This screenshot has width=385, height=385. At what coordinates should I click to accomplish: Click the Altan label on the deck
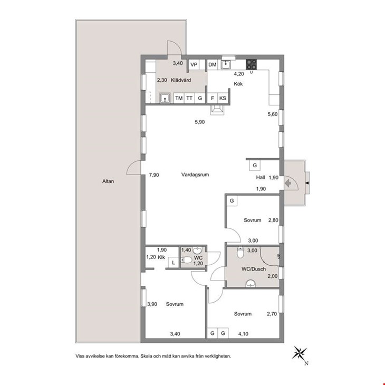click(108, 181)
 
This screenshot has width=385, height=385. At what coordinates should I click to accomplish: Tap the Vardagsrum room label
click(195, 175)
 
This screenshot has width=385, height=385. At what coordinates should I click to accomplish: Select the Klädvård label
click(181, 80)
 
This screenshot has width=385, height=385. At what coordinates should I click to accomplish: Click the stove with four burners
click(251, 64)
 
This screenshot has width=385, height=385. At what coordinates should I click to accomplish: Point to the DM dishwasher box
click(213, 64)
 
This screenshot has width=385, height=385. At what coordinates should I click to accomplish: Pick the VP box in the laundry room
click(194, 65)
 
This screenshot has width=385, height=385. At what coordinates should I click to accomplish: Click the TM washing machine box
click(179, 98)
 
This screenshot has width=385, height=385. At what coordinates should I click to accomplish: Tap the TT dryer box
click(189, 98)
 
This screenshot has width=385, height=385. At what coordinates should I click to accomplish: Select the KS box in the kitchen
click(223, 98)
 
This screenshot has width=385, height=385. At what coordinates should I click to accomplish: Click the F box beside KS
click(213, 98)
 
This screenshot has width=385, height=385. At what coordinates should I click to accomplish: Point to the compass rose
click(300, 353)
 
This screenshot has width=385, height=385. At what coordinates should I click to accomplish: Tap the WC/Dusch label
click(254, 269)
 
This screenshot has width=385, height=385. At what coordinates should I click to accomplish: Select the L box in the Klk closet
click(174, 263)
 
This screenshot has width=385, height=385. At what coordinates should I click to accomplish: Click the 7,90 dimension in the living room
click(154, 175)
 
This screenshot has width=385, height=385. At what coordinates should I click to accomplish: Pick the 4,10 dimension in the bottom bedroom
click(243, 334)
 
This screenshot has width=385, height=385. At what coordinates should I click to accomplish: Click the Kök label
click(238, 84)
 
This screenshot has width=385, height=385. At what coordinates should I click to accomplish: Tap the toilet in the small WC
click(186, 260)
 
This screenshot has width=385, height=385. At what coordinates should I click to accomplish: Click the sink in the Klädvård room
click(165, 98)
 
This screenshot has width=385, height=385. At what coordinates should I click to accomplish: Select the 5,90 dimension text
click(200, 122)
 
